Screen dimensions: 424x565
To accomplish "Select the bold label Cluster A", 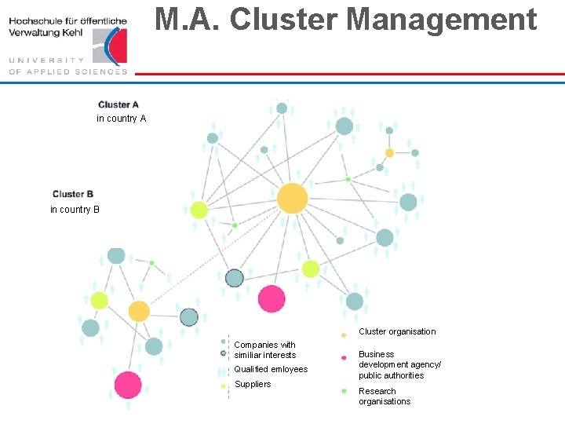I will (x=118, y=104).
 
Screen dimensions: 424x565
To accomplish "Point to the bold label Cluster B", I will (x=73, y=194).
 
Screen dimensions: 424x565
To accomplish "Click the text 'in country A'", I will (x=121, y=119).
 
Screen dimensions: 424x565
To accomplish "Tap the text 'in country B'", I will (x=75, y=210).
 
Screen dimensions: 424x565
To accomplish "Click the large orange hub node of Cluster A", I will (x=292, y=198).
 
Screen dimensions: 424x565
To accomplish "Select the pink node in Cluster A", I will (x=272, y=298).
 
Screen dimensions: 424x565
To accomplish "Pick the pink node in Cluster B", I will (x=128, y=385).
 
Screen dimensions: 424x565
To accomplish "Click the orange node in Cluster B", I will (x=139, y=311).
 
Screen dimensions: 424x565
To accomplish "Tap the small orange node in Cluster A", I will (x=389, y=152).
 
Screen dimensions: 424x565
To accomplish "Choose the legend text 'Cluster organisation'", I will (x=397, y=331).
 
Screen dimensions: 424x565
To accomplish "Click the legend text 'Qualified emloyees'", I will (x=271, y=369).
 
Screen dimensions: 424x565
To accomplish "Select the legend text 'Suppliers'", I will (x=252, y=384).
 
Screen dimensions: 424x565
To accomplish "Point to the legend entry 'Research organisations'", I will (x=384, y=397).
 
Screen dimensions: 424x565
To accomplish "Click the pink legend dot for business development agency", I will (x=344, y=358).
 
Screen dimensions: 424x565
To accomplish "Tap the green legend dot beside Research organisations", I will (x=344, y=390).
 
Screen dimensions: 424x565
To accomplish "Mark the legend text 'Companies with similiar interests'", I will (x=264, y=350).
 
